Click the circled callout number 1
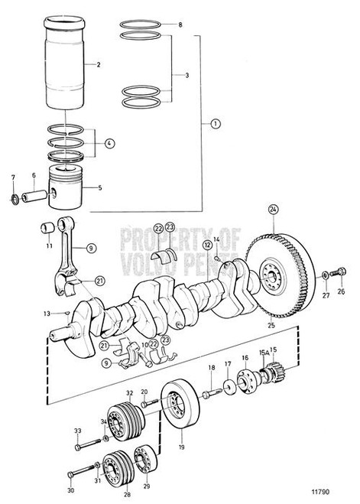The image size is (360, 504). (215, 123)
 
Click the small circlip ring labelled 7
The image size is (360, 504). (15, 202)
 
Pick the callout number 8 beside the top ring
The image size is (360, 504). (180, 25)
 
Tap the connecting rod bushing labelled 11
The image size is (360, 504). (46, 227)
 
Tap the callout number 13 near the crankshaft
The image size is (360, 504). (47, 314)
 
